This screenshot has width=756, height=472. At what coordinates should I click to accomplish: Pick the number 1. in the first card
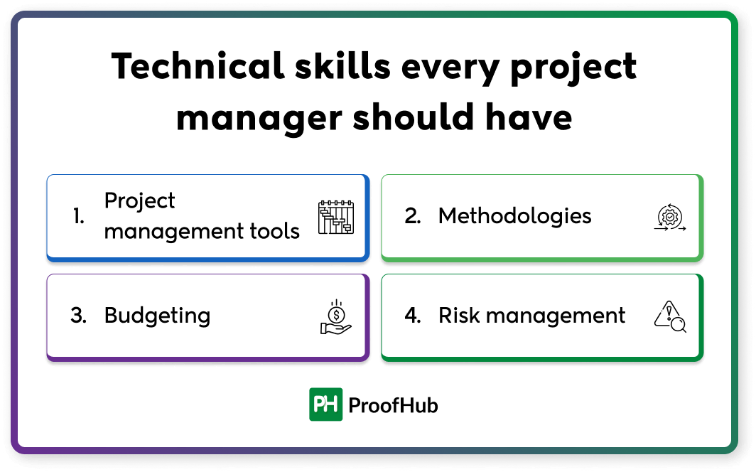[x=79, y=217]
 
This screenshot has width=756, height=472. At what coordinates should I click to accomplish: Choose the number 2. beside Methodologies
[x=413, y=216]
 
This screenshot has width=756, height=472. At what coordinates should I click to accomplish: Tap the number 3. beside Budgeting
[x=78, y=316]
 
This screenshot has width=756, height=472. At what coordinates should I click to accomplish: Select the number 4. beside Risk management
[x=413, y=316]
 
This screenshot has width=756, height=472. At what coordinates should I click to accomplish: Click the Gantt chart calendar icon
[x=335, y=218]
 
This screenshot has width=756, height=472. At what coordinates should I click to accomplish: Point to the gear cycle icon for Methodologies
[x=669, y=218]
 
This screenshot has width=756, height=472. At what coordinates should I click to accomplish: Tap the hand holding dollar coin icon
[x=335, y=317]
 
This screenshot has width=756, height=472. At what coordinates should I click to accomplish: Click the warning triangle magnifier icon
[x=669, y=317]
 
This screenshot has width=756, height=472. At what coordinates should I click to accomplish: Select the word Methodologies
[x=514, y=216]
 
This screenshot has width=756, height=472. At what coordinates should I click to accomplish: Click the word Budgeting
[x=157, y=316]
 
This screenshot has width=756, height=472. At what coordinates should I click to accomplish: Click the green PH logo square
[x=325, y=404]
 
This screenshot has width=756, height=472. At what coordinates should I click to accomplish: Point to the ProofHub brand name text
[x=393, y=405]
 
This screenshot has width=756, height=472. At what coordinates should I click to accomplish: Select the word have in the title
[x=530, y=117]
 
